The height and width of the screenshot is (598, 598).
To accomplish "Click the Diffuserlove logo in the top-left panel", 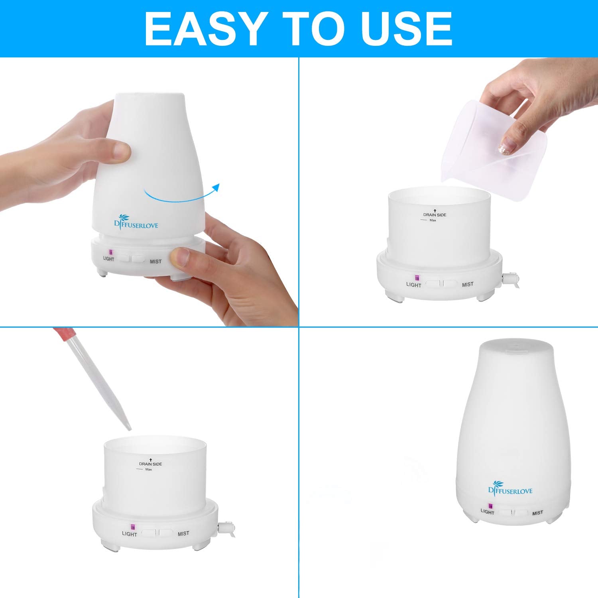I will pyautogui.click(x=136, y=223).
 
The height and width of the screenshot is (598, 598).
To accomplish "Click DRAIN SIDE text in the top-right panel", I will pyautogui.click(x=435, y=214).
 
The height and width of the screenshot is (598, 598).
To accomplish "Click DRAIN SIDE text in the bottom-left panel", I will pyautogui.click(x=150, y=464).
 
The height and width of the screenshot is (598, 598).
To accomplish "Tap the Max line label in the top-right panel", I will pyautogui.click(x=433, y=220).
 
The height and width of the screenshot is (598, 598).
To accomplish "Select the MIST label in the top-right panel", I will pyautogui.click(x=468, y=284).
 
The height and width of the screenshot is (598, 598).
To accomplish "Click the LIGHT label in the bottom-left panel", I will pyautogui.click(x=129, y=534).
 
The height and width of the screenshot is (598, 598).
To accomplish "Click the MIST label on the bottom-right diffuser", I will pyautogui.click(x=537, y=513).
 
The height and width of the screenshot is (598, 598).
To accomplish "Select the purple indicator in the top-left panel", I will pyautogui.click(x=111, y=252).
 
